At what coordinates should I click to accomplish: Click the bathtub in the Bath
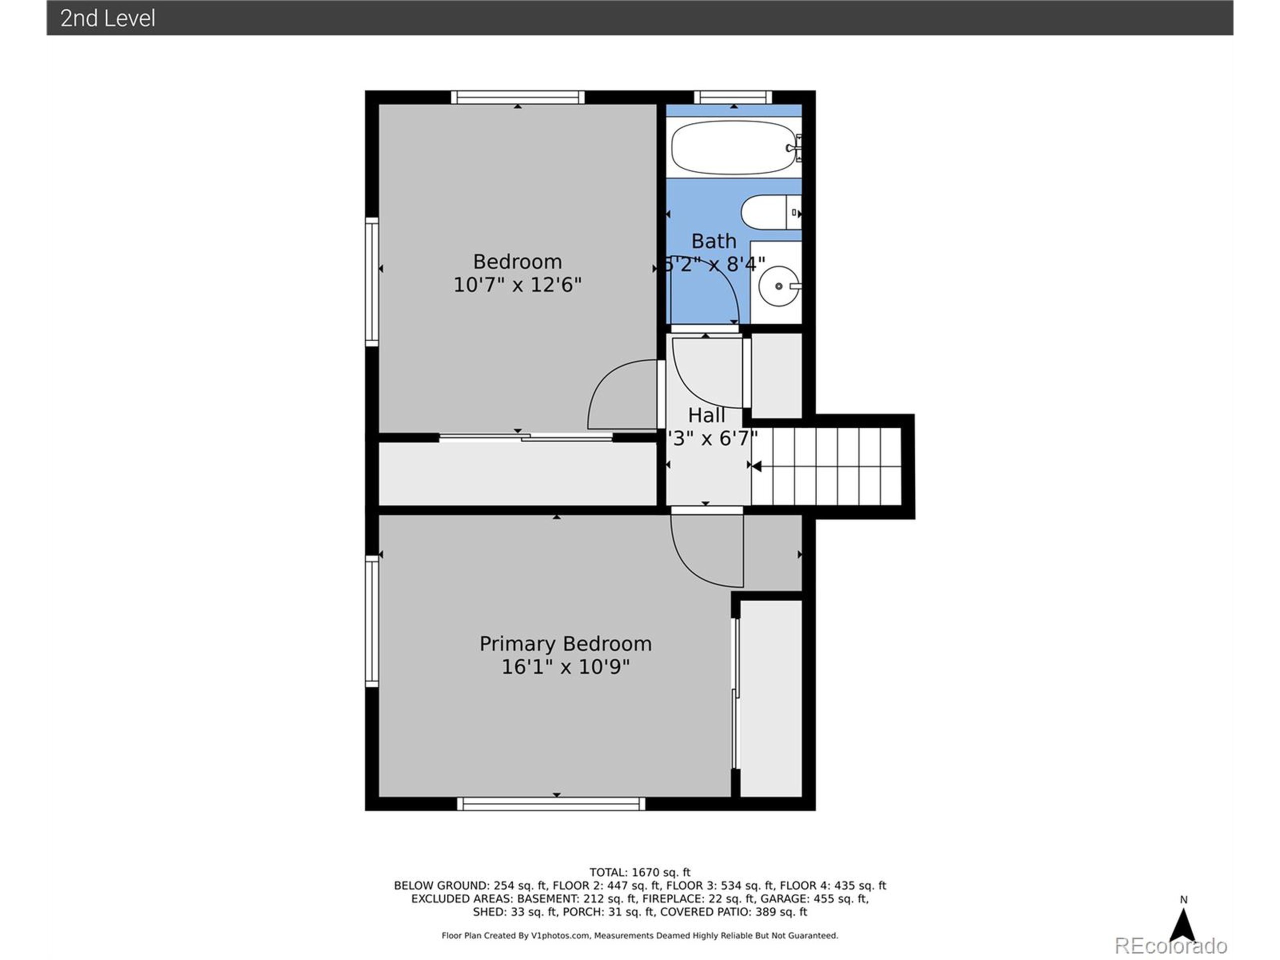(732, 147)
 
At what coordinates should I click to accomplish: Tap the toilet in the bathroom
(769, 212)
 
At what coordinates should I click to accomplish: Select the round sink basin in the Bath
(778, 286)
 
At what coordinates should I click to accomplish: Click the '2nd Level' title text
(107, 18)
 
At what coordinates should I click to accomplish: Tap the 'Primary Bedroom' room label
(565, 644)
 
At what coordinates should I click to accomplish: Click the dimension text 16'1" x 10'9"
(565, 667)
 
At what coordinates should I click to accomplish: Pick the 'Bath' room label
(713, 240)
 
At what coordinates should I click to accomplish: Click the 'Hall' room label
(706, 415)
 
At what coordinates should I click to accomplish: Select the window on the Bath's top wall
(732, 97)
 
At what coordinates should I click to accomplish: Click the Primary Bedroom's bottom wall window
(551, 804)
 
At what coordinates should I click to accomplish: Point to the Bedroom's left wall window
(371, 282)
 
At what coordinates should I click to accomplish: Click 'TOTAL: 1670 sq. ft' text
(639, 872)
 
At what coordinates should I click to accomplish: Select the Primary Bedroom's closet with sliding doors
(771, 698)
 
